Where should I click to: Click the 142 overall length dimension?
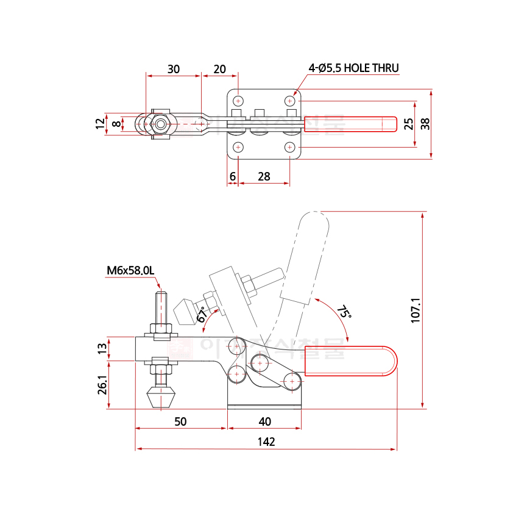coord(266,442)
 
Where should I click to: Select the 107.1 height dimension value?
coord(416,310)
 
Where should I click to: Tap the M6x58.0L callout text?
coord(131,270)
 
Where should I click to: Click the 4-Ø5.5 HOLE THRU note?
coord(353,68)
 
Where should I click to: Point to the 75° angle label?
coord(344,313)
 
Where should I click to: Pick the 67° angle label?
coord(202,315)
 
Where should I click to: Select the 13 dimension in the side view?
coord(102,348)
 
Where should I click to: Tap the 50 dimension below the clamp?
coord(180,421)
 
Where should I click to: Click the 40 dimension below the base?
coord(264,421)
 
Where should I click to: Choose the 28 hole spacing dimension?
coord(264,176)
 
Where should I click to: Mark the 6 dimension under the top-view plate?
coord(232,176)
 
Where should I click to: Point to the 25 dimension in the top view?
coord(409,124)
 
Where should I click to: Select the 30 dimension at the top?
coord(173,69)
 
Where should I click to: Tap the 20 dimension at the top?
coord(220,69)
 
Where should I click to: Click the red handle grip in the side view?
coord(350,361)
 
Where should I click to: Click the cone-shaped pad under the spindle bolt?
coord(161,398)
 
